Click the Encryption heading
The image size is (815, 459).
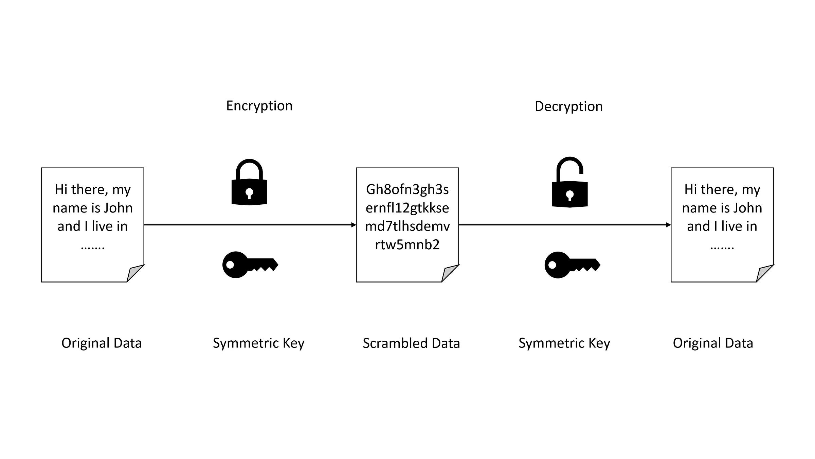tap(259, 106)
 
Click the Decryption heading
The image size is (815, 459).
tap(568, 106)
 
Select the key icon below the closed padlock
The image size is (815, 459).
tap(250, 265)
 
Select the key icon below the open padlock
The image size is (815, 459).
tap(572, 265)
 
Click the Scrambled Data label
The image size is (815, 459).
tap(411, 343)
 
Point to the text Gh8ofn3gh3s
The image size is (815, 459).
tap(407, 189)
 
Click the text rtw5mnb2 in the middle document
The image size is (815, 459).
tap(407, 244)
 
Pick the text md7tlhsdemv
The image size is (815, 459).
tap(407, 226)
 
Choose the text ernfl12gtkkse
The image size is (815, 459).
tap(407, 208)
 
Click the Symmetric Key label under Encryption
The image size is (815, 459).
tap(258, 343)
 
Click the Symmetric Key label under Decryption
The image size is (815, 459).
tap(564, 343)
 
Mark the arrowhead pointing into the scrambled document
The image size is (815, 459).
tap(354, 225)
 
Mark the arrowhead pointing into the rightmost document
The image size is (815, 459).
tap(668, 225)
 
